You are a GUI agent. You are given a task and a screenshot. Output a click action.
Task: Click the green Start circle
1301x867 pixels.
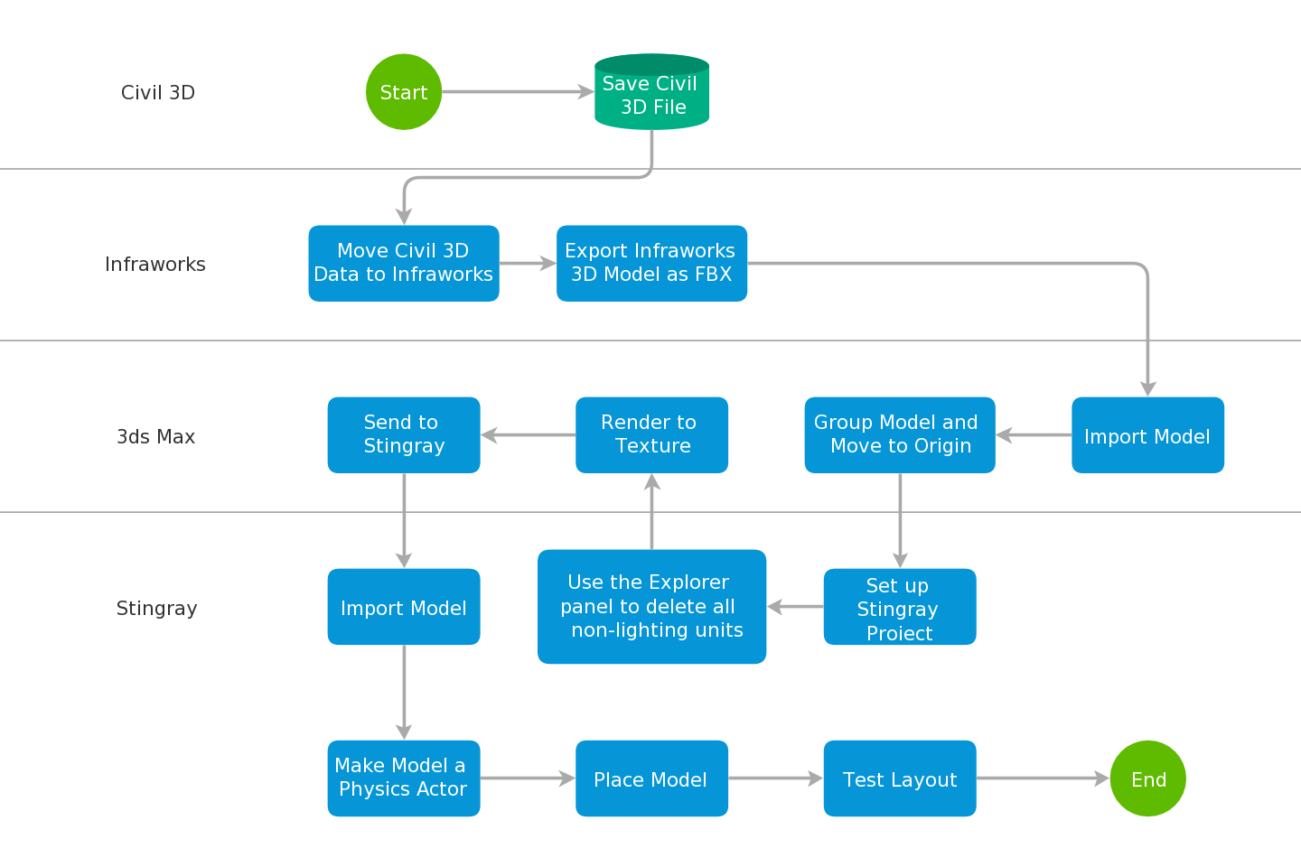pos(404,92)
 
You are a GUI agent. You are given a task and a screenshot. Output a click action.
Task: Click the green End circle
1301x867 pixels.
pos(1147,778)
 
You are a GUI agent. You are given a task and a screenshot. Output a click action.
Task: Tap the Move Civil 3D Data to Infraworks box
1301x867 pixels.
pos(404,264)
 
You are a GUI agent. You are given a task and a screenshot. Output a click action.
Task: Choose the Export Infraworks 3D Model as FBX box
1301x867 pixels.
pos(651,264)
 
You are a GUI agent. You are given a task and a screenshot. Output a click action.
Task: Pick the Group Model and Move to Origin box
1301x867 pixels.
pos(900,435)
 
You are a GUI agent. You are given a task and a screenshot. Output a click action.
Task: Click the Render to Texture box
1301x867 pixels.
pos(651,435)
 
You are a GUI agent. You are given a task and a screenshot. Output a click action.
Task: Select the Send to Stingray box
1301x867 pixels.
pos(404,435)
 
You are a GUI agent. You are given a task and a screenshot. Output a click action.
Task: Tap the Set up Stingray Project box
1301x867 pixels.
pos(900,607)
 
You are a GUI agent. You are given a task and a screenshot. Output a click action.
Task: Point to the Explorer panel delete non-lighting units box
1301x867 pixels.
pos(651,607)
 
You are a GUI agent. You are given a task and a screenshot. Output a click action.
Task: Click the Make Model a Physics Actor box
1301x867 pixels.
pos(404,778)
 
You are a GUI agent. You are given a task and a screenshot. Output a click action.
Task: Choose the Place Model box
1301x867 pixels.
pos(651,778)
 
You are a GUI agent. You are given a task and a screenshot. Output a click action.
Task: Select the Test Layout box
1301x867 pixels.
pos(900,778)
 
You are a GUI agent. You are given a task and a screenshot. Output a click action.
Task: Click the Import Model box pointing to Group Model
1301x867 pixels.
pos(1147,435)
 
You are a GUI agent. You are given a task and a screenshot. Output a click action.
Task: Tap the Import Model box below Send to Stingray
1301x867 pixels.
pos(404,607)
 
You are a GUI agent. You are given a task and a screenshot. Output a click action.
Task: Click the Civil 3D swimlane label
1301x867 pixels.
pos(158,93)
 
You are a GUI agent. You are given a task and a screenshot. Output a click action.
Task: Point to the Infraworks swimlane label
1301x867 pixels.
pos(155,265)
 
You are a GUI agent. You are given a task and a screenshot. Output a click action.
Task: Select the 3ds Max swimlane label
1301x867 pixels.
pos(155,437)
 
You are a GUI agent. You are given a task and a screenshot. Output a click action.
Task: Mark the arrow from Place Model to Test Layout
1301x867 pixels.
pos(775,778)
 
